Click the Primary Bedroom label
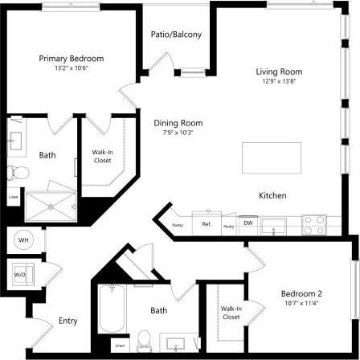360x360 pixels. click(x=72, y=58)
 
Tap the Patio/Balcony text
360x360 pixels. click(x=176, y=35)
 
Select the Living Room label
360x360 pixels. click(x=273, y=72)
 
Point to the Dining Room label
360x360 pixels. click(x=178, y=123)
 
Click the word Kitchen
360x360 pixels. click(x=272, y=195)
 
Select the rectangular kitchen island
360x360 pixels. click(x=272, y=158)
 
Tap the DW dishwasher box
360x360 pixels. click(x=247, y=223)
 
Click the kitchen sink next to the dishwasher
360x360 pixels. click(x=273, y=224)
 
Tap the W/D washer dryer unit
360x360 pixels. click(x=19, y=273)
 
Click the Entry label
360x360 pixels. click(x=68, y=321)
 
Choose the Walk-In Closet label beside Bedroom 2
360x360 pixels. click(x=231, y=313)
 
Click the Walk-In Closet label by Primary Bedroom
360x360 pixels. click(x=102, y=157)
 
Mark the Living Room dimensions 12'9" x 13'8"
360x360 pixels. click(x=273, y=81)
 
